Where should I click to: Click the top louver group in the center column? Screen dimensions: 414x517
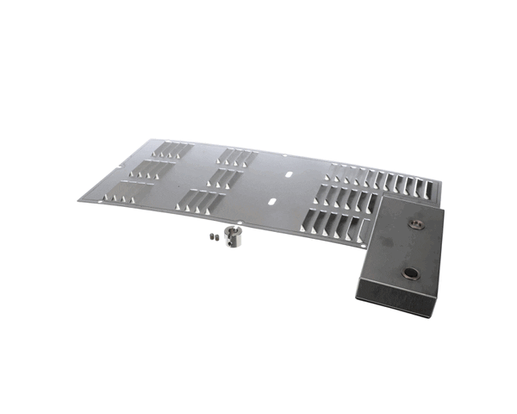237,158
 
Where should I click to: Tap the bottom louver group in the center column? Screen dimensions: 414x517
203,203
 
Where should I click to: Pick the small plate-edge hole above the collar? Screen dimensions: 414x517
226,219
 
